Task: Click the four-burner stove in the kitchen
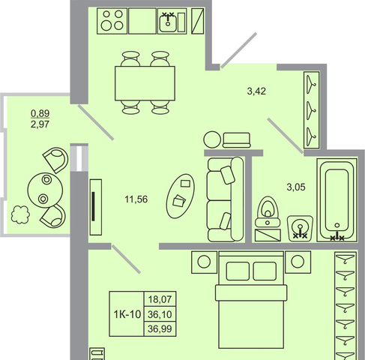point(112,21)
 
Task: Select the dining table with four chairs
point(145,83)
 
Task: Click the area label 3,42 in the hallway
point(256,91)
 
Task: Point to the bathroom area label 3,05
point(296,187)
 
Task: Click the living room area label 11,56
point(136,199)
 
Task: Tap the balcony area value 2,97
point(40,124)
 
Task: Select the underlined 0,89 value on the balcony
point(40,113)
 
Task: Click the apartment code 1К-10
point(127,314)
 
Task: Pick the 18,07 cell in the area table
point(160,299)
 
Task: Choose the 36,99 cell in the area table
point(160,328)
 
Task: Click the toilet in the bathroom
point(268,211)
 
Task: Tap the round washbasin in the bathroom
point(300,229)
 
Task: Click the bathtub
point(337,200)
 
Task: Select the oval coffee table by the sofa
point(181,196)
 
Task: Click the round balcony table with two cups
point(45,190)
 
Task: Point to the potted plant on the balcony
point(20,214)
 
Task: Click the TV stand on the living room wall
point(96,207)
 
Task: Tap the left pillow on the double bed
point(238,271)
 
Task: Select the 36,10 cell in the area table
point(160,314)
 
